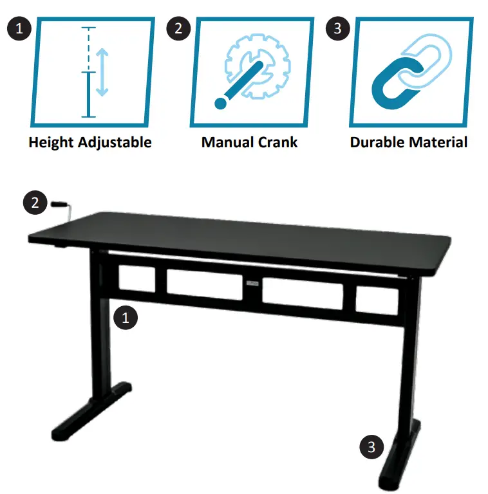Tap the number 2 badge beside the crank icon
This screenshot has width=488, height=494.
coord(178,29)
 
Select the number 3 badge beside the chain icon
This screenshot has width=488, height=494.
coord(337,29)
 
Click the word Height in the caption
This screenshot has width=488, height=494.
coord(52,142)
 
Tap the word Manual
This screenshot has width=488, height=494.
coord(225,142)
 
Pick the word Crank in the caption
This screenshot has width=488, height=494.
coord(278,142)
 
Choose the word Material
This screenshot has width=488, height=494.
coord(438,142)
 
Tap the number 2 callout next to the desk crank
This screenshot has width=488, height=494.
coord(35,203)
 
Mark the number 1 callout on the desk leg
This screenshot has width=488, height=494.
coord(126,318)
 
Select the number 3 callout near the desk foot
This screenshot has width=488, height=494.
coord(371,446)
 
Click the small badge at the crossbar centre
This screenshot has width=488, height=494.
coord(251,282)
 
